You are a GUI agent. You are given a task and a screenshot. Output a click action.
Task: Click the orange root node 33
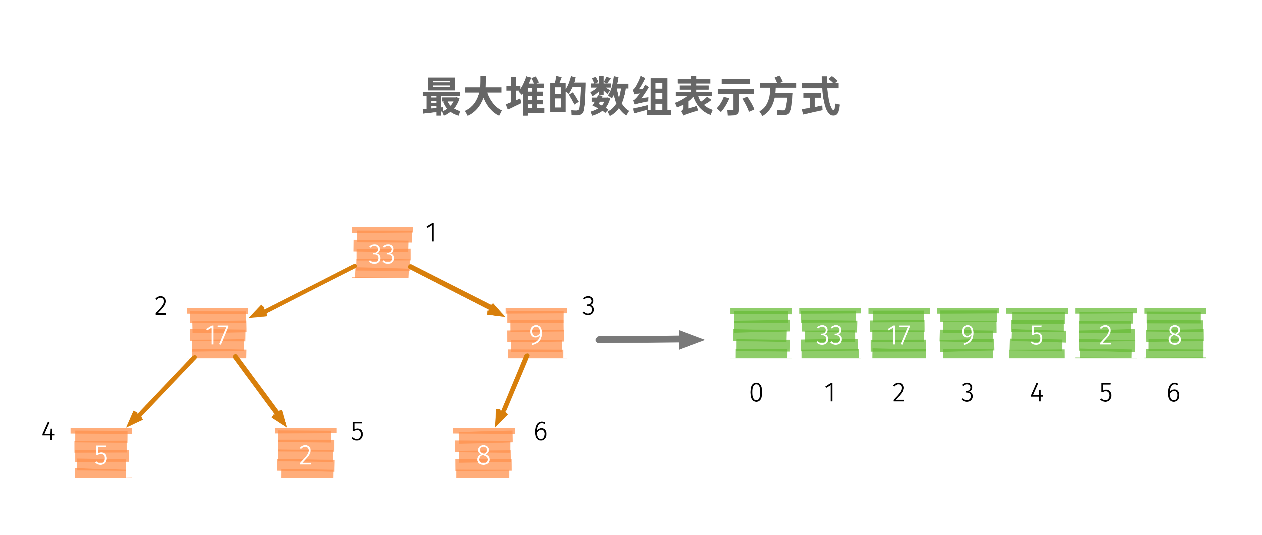click(382, 253)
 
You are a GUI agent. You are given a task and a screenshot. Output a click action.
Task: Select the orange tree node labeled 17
click(218, 334)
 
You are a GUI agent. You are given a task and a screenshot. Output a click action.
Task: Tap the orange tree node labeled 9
click(536, 334)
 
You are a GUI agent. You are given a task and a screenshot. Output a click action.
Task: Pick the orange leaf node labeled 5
click(101, 454)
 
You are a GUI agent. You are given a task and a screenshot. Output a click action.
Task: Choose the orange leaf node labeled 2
click(306, 454)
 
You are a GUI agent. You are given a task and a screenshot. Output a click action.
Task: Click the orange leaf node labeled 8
click(483, 454)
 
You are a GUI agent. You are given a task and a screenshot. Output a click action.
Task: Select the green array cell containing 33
click(829, 334)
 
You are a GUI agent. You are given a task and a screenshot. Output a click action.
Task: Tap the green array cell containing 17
click(898, 334)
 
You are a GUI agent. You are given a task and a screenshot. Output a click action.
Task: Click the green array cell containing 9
click(968, 334)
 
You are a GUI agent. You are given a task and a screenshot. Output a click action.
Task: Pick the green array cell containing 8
click(1175, 334)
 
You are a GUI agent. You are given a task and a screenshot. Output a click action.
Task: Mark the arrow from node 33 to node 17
click(304, 291)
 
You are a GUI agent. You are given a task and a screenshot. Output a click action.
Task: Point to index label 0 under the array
click(756, 392)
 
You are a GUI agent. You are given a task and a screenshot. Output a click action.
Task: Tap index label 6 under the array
click(1173, 392)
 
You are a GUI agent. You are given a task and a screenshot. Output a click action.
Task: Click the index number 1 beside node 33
click(431, 233)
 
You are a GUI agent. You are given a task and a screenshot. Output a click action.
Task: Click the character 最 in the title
click(441, 97)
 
